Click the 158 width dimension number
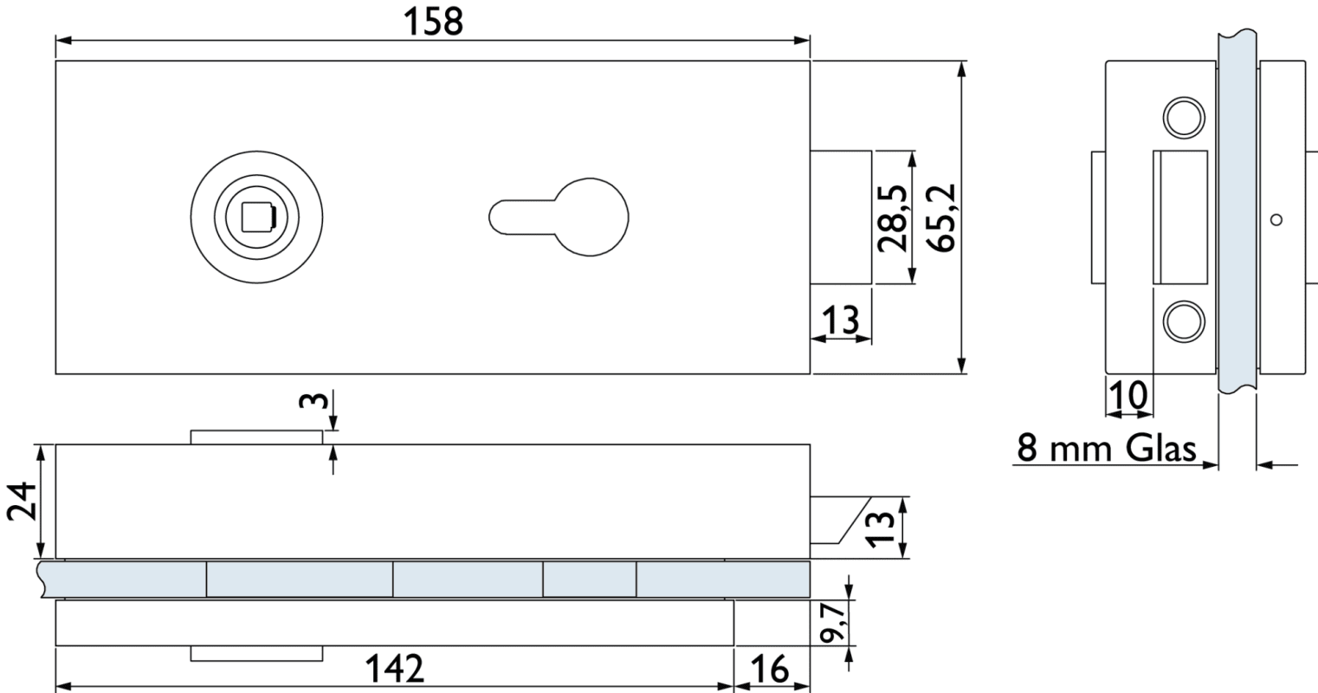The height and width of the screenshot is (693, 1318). pos(434,22)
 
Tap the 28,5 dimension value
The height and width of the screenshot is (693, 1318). pos(891,218)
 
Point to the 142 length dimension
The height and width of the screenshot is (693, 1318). pos(394,668)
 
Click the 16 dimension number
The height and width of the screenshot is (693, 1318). pos(770,669)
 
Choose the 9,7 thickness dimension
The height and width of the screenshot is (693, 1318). pos(833,623)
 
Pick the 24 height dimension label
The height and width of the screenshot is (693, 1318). pos(22,502)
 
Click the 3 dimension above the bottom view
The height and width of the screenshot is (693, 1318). pos(313,400)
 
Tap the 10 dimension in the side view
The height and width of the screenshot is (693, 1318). pos(1128,394)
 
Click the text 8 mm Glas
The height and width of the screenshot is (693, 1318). pos(1107,448)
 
